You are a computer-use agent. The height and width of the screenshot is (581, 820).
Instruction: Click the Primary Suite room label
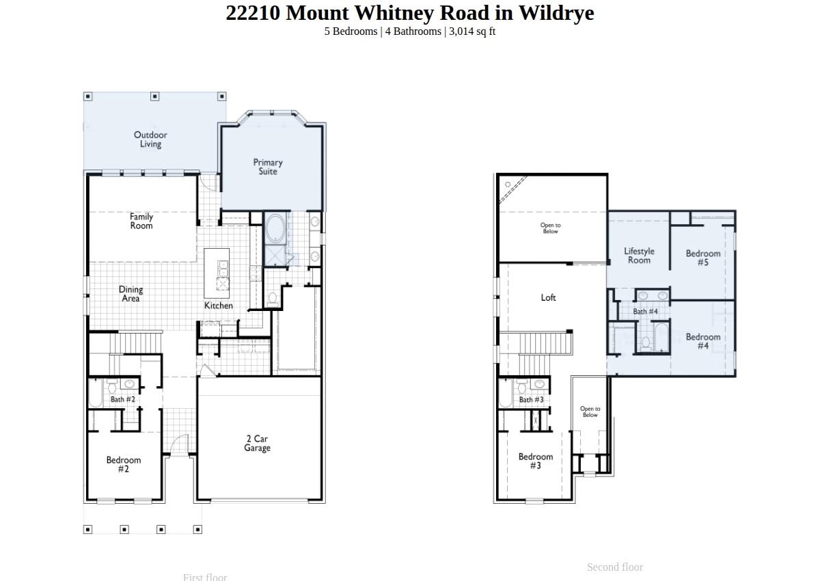[x=268, y=167]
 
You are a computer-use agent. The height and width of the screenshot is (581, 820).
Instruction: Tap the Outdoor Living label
[x=150, y=139]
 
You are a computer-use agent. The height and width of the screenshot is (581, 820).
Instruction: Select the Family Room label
[x=141, y=221]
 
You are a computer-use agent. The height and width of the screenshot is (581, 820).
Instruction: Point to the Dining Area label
[x=131, y=294]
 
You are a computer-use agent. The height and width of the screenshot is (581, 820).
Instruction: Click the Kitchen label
[x=219, y=306]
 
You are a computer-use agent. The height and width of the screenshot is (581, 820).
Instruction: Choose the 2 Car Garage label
[x=257, y=444]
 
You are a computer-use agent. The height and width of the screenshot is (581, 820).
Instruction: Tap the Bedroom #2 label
[x=124, y=464]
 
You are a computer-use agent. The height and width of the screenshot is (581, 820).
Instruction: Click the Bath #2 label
[x=123, y=399]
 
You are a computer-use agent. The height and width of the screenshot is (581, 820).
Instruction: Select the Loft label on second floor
[x=549, y=297]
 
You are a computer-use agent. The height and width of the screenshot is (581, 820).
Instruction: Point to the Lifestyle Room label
[x=639, y=256]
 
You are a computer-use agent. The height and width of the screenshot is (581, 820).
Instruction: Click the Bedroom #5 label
[x=703, y=258]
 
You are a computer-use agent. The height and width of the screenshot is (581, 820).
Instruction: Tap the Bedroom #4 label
[x=703, y=341]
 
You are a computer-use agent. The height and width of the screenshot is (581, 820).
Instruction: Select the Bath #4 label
[x=645, y=312]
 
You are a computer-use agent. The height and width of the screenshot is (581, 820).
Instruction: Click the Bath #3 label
[x=531, y=400]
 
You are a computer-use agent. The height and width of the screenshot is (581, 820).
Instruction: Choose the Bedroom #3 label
[x=535, y=461]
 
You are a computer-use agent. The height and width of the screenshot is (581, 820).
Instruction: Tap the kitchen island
[x=217, y=272]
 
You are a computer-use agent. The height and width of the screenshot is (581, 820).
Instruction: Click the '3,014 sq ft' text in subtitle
[x=472, y=31]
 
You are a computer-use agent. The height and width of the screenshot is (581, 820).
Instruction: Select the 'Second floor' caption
[x=615, y=567]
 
